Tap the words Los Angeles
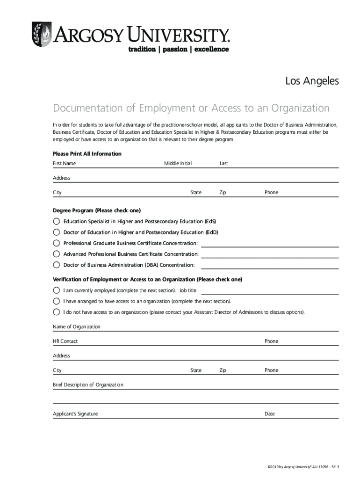(312, 81)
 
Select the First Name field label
(65, 164)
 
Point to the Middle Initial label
(178, 164)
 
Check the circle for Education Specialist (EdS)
(57, 221)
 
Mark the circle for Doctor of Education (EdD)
(57, 232)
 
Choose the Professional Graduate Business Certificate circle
(57, 243)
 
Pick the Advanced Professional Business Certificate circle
(57, 254)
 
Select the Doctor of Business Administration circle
(57, 265)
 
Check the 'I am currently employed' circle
(57, 290)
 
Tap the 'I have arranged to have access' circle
(57, 301)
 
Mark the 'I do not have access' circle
(57, 312)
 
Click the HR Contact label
(65, 341)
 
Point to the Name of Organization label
(77, 327)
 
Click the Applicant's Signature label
(75, 414)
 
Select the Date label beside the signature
(270, 414)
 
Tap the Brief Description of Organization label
(88, 385)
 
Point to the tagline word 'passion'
(174, 49)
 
